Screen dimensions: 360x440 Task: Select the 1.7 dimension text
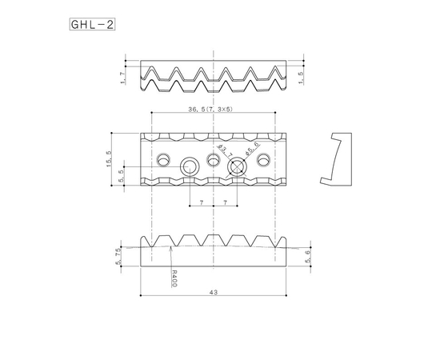pyautogui.click(x=122, y=77)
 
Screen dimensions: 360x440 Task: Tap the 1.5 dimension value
pyautogui.click(x=300, y=78)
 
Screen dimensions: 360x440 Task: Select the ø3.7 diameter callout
pyautogui.click(x=226, y=150)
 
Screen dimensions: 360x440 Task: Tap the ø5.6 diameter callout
pyautogui.click(x=250, y=150)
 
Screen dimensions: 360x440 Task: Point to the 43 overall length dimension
pyautogui.click(x=214, y=294)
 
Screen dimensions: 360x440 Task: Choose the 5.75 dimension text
pyautogui.click(x=118, y=254)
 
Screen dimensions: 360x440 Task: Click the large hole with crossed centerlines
pyautogui.click(x=237, y=166)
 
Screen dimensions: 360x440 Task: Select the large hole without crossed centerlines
pyautogui.click(x=190, y=166)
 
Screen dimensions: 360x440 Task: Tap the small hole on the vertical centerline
pyautogui.click(x=214, y=158)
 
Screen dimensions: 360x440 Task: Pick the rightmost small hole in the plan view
pyautogui.click(x=263, y=158)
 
